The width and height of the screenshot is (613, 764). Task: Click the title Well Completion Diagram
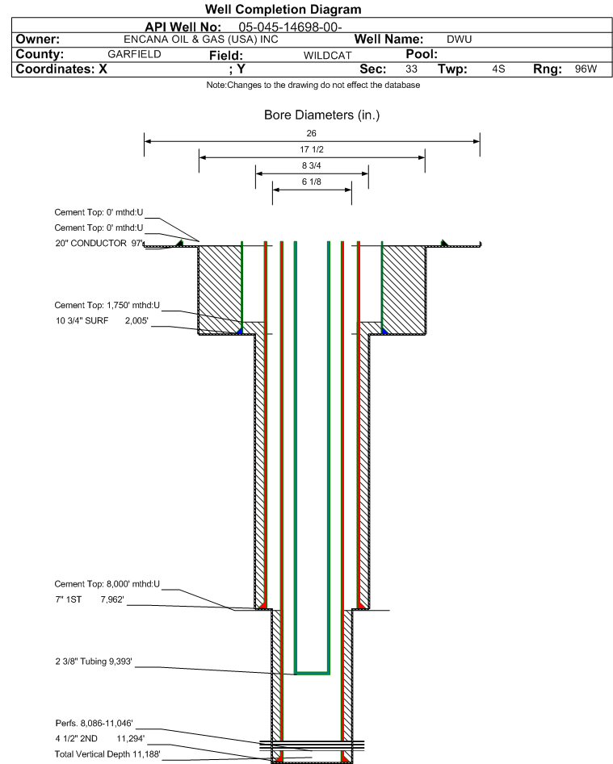tap(283, 10)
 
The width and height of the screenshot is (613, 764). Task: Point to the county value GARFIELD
tap(134, 54)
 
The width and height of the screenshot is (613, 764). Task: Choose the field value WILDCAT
tap(327, 56)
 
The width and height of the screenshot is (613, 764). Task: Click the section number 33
tap(411, 69)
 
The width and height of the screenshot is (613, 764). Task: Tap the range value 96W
tap(586, 69)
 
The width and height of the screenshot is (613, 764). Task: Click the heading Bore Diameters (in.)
tap(321, 115)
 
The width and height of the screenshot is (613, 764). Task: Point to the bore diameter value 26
tap(312, 133)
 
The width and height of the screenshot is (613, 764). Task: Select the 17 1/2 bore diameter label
tap(312, 150)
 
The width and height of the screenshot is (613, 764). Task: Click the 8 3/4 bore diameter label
tap(312, 165)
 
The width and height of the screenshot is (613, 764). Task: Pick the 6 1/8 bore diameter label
tap(312, 182)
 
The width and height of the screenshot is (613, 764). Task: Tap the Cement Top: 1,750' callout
tap(107, 306)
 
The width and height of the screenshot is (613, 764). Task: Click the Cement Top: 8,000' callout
tap(107, 583)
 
